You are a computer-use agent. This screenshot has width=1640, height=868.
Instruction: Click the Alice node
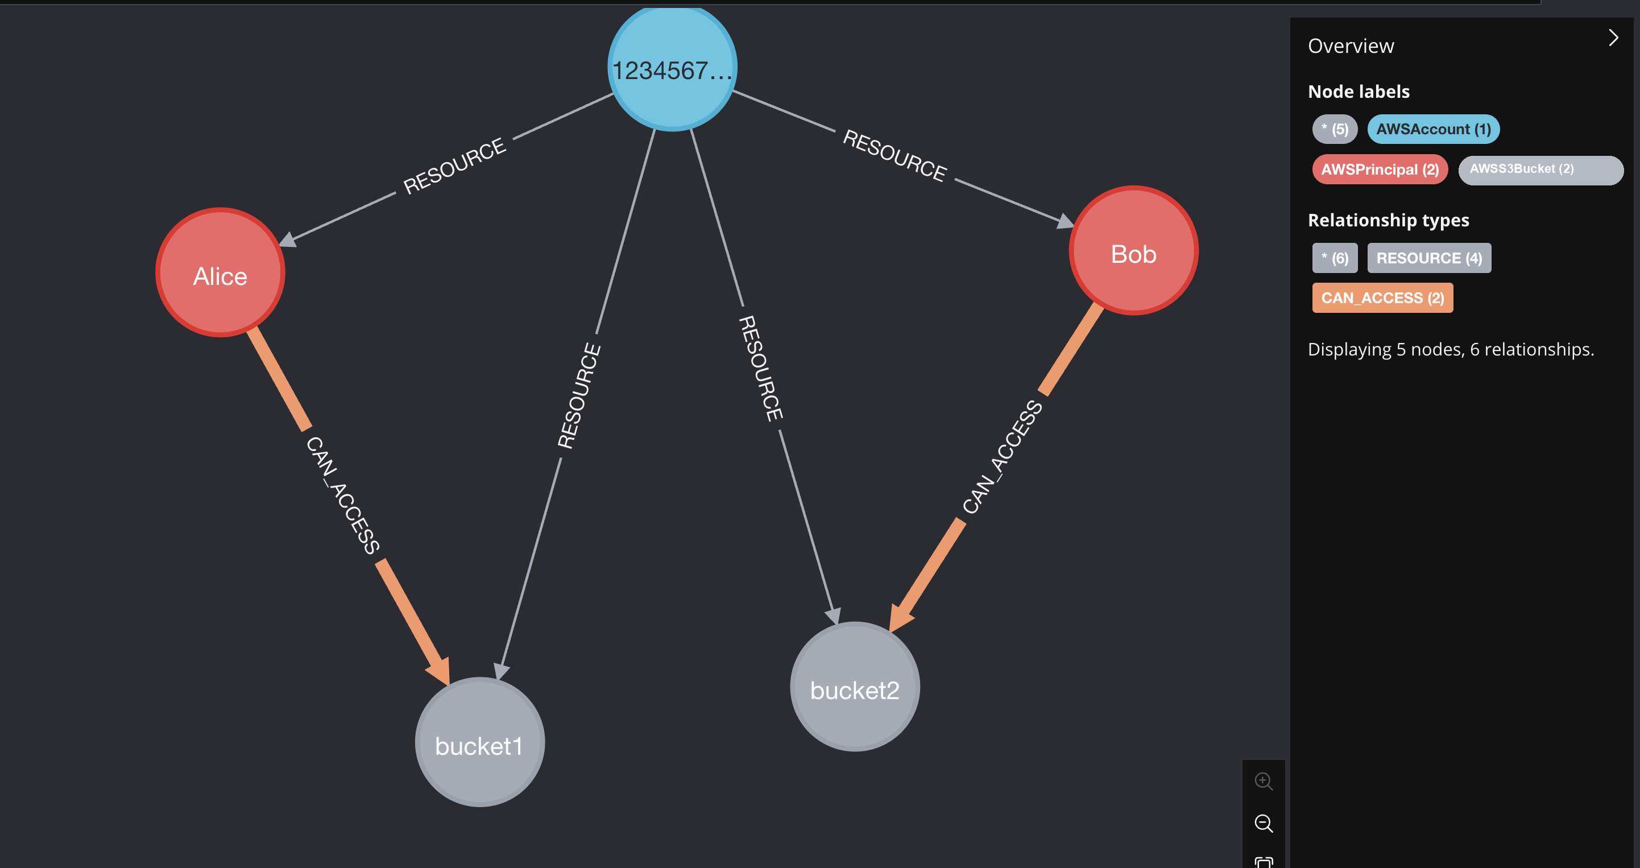tap(220, 272)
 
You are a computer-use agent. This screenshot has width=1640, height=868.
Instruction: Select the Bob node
tap(1134, 250)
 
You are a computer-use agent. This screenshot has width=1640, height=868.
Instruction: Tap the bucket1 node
tap(480, 742)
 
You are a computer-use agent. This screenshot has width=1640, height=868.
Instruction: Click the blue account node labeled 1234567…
tap(672, 67)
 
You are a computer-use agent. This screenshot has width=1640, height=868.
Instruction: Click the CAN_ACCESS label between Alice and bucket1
tap(342, 495)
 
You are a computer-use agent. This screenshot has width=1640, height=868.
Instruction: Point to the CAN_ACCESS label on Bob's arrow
tap(1002, 457)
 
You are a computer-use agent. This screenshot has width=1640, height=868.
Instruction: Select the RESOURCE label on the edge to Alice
tap(454, 166)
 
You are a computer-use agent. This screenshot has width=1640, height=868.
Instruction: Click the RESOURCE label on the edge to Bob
tap(894, 155)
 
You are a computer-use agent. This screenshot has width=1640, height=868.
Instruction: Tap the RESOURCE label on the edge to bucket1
tap(579, 395)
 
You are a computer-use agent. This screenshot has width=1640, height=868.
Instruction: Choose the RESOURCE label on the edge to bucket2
tap(761, 368)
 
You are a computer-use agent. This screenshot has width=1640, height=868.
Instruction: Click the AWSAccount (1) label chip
tap(1433, 129)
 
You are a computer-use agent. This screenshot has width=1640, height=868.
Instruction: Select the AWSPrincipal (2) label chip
tap(1380, 170)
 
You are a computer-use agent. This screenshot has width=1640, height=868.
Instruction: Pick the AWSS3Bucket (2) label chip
tap(1540, 170)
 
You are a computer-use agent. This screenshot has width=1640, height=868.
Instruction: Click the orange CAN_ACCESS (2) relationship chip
tap(1382, 298)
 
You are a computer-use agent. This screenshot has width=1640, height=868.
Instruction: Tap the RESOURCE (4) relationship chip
tap(1428, 258)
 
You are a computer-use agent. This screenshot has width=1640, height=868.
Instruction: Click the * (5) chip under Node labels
tap(1335, 129)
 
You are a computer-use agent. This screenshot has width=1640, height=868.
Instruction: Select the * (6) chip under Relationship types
tap(1335, 258)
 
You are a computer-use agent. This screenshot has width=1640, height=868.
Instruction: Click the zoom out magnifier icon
tap(1264, 824)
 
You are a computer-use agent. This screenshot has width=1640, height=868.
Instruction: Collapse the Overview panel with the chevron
tap(1613, 38)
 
